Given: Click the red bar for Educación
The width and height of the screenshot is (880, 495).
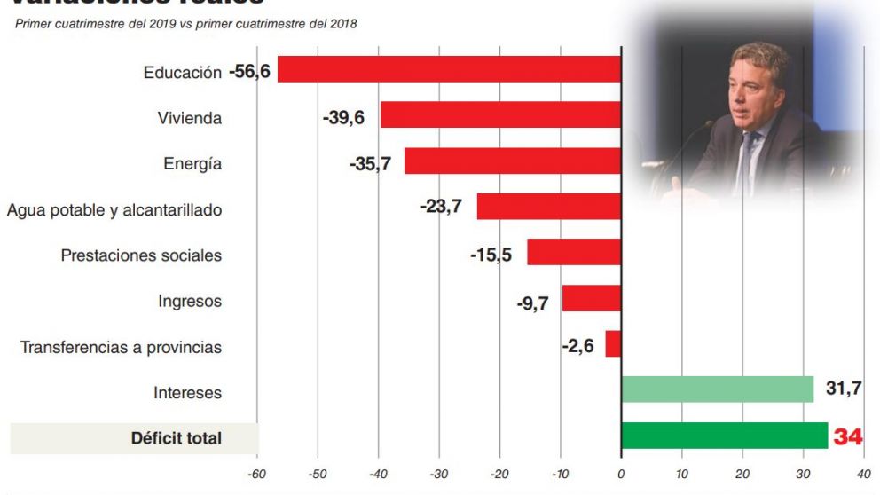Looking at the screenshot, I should point(449,69).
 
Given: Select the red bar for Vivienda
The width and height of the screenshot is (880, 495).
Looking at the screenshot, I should point(500,115).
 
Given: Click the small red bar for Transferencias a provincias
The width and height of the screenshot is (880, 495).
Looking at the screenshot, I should point(613,344).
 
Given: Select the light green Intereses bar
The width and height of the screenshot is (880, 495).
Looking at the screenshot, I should point(717,389).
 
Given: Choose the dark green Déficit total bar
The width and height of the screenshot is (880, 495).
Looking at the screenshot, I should point(724,436).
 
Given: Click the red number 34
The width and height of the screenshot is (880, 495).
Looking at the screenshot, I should point(848,436).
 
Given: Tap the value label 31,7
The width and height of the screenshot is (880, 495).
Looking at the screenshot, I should point(844,389).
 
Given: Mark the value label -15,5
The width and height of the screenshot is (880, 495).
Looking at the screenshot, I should point(491,255).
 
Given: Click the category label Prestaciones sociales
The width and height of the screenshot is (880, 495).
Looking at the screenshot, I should point(141,255).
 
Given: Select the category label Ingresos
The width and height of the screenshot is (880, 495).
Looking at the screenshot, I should point(190,302).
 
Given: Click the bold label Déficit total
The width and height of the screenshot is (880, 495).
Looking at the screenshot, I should point(176,438).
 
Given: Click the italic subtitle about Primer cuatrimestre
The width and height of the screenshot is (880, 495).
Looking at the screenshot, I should point(185,24).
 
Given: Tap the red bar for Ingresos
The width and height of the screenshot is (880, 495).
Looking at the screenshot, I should point(591,298).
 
